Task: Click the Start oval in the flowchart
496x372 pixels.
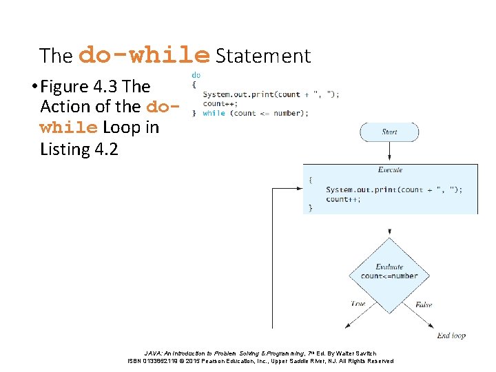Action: (x=389, y=132)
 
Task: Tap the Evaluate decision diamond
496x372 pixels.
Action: (x=389, y=271)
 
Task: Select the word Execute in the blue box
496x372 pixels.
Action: (x=390, y=169)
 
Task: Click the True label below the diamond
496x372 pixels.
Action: (x=358, y=303)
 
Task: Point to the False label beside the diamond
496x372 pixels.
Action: (x=424, y=304)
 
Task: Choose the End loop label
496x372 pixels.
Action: (x=451, y=335)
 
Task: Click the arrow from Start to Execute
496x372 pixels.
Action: (x=389, y=152)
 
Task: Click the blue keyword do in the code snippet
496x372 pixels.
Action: (x=196, y=74)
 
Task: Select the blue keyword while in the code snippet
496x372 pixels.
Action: (x=214, y=113)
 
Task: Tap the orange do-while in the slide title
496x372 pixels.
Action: (x=145, y=54)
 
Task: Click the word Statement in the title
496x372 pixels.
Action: (x=263, y=56)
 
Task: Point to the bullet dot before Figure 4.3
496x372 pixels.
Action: (x=34, y=87)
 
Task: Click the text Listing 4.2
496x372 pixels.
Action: (x=79, y=149)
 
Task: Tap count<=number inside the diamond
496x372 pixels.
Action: (x=389, y=276)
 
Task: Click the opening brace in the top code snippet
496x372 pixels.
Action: (x=194, y=84)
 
